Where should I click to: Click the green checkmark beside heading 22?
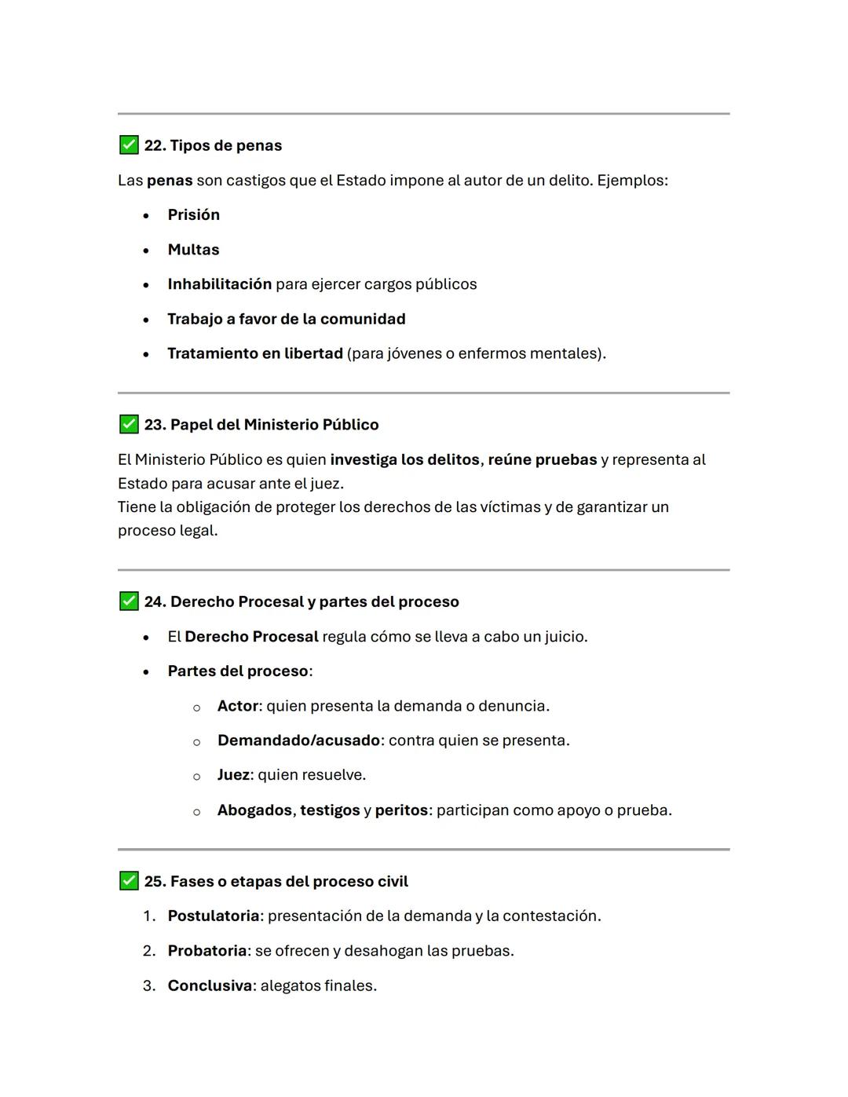[x=129, y=145]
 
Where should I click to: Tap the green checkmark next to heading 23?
[x=129, y=424]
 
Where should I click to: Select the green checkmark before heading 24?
[x=129, y=602]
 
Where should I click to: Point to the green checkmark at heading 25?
[x=129, y=881]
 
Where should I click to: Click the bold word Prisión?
[x=193, y=214]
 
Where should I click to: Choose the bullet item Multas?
[x=193, y=250]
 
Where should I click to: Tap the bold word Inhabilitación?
[x=219, y=284]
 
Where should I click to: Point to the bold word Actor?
[x=237, y=706]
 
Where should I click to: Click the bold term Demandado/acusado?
[x=298, y=740]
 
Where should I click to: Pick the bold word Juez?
[x=233, y=775]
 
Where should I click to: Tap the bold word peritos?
[x=401, y=810]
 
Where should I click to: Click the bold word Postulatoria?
[x=213, y=916]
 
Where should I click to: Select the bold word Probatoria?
[x=207, y=951]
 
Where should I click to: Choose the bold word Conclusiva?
[x=210, y=985]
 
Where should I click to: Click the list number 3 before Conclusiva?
[x=148, y=985]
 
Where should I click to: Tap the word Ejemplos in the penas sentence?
[x=631, y=180]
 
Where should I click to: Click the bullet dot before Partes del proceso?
[x=146, y=672]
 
